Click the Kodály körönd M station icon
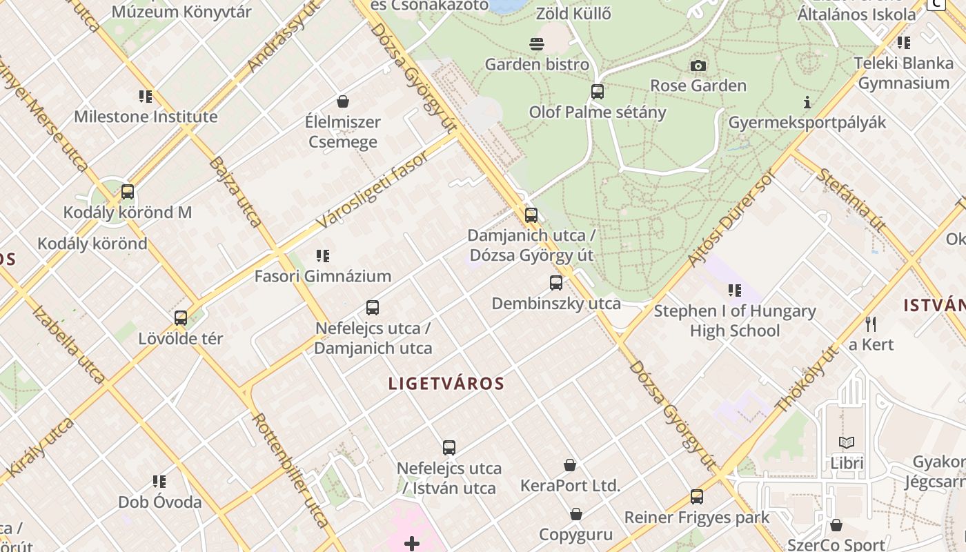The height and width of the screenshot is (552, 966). [x=128, y=192]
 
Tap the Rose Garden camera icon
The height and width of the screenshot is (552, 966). [x=698, y=66]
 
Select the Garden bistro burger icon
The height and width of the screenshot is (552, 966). [x=537, y=45]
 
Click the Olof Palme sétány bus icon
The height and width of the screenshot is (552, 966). [x=598, y=92]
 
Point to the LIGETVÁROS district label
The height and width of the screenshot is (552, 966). [x=446, y=384]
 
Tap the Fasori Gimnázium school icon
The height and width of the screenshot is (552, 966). [x=323, y=256]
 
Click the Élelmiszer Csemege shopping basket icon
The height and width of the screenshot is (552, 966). [x=343, y=102]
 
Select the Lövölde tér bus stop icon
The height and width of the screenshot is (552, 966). [x=181, y=318]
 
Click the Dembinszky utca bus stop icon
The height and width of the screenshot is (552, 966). [x=556, y=283]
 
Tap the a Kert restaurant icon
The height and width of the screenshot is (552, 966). [x=871, y=324]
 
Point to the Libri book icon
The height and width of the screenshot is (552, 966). [x=847, y=442]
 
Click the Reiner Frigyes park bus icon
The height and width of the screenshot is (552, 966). [x=697, y=497]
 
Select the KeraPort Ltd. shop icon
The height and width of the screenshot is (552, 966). [x=570, y=465]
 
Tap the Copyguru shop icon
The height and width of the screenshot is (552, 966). [x=576, y=514]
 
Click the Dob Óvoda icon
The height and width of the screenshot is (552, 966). [x=159, y=481]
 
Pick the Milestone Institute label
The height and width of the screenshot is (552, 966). [x=146, y=117]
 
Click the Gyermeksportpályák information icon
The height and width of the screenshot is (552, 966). [x=807, y=103]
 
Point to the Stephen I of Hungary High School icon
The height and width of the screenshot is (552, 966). [x=735, y=290]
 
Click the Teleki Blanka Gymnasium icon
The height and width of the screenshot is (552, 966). [x=904, y=43]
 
